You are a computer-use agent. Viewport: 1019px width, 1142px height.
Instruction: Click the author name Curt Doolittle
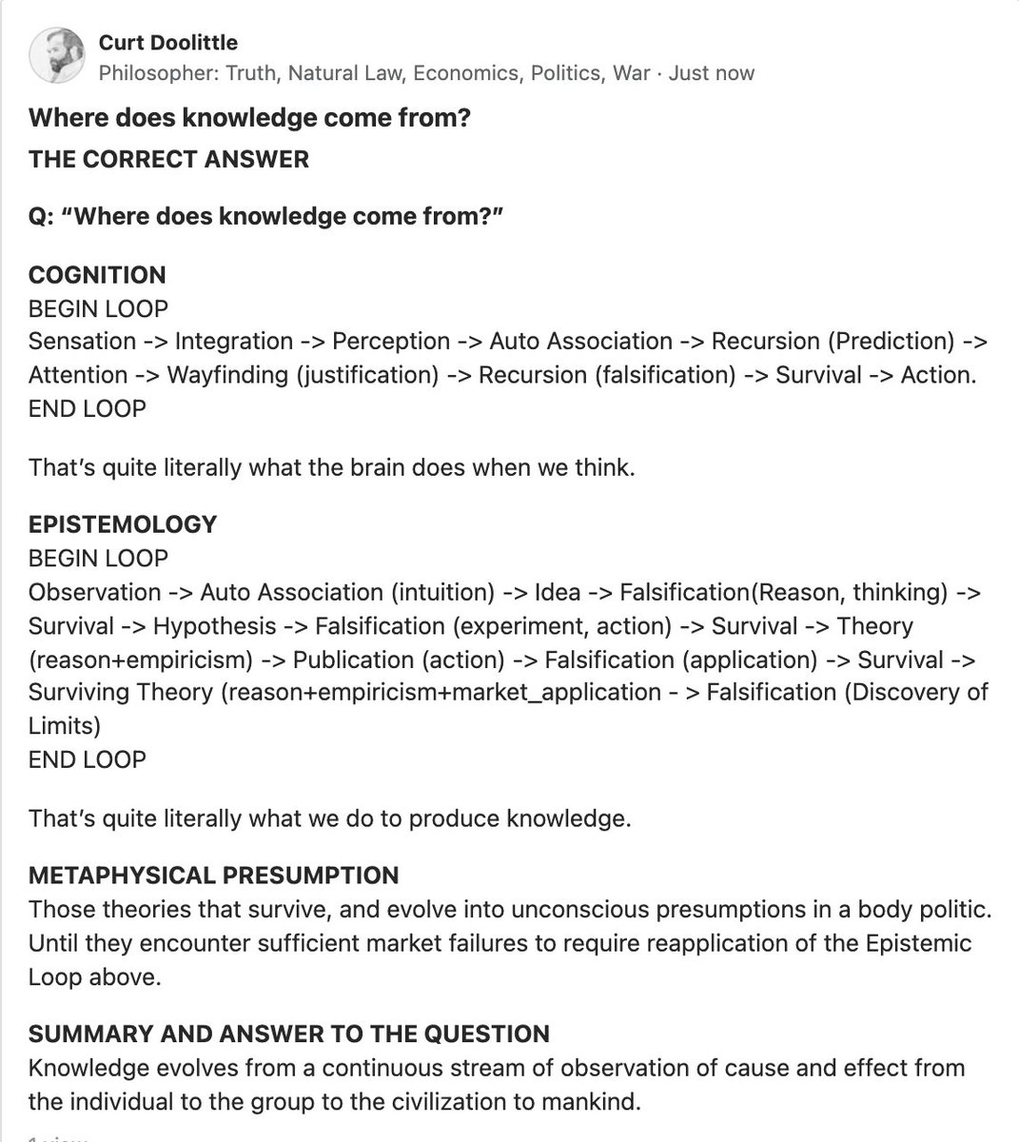tap(167, 42)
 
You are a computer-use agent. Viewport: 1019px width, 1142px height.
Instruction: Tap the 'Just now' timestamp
tap(712, 73)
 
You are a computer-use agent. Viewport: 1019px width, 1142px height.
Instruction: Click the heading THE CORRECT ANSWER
tap(168, 159)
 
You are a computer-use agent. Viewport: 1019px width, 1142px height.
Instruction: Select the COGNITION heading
tap(97, 275)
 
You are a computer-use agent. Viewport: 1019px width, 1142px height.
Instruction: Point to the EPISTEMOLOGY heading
tap(123, 524)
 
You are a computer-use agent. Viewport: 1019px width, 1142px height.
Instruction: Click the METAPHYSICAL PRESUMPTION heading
tap(214, 876)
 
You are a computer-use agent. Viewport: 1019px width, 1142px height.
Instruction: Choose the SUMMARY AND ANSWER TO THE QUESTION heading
tap(289, 1034)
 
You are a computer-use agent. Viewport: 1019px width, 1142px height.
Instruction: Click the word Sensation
tap(82, 342)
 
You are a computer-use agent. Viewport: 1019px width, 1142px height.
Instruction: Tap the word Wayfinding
tap(227, 375)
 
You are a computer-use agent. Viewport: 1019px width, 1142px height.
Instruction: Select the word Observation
tap(94, 592)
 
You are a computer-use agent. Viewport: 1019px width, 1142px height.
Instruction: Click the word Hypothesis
tap(215, 626)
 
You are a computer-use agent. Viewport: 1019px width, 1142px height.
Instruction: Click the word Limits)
tap(64, 726)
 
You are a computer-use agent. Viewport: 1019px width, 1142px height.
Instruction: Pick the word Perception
tap(391, 342)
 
